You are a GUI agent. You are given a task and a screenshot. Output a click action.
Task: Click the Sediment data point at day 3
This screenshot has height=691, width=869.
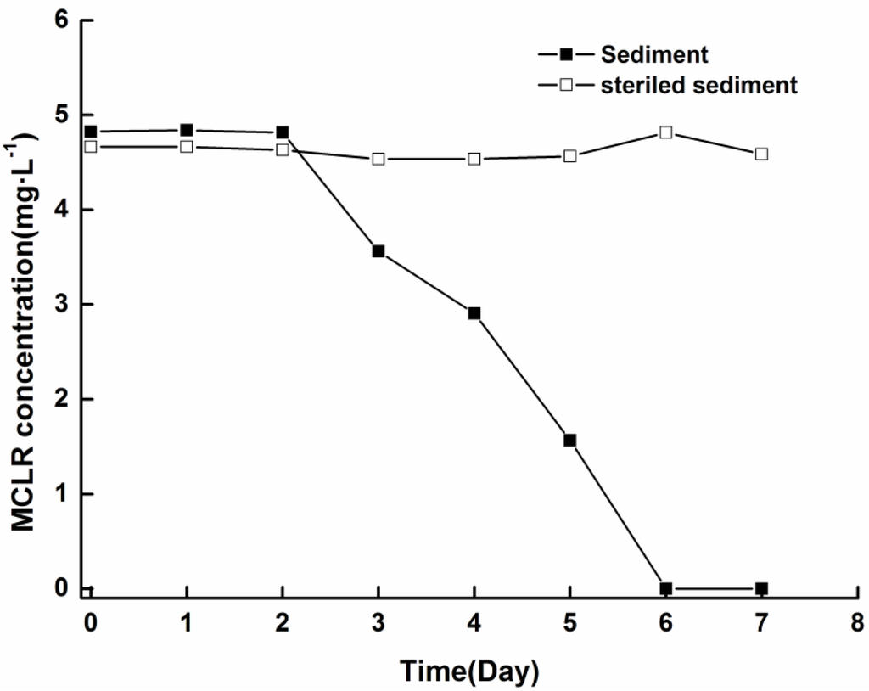tap(378, 251)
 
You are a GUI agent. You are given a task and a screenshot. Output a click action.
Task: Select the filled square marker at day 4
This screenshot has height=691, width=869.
tap(474, 313)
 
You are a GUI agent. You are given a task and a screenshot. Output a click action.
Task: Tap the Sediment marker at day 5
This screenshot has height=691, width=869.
tap(570, 440)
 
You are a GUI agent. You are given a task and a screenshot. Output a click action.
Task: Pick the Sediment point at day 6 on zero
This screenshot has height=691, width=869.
tap(666, 588)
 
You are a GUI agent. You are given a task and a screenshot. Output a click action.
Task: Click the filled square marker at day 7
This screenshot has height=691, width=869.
tap(762, 588)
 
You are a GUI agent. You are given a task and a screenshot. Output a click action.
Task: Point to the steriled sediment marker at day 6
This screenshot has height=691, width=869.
tap(666, 132)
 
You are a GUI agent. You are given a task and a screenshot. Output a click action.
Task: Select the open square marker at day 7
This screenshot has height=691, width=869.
tap(762, 154)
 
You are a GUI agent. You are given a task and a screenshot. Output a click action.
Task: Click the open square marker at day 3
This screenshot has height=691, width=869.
tap(378, 159)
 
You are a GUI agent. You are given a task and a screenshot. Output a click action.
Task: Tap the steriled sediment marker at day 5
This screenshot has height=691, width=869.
tap(570, 156)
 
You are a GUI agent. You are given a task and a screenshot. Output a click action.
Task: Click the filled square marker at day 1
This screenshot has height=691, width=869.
tap(187, 130)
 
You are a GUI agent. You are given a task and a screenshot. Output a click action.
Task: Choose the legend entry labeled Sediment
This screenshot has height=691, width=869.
tap(653, 55)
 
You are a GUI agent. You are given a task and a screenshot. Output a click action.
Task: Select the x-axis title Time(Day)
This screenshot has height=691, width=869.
tap(470, 671)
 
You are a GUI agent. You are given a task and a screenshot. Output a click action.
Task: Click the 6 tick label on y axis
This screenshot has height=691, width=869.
tap(62, 20)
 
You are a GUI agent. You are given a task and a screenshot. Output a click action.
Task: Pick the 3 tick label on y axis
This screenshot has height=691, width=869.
tap(62, 304)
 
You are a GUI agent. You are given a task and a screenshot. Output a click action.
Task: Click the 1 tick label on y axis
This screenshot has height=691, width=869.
tap(62, 494)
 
